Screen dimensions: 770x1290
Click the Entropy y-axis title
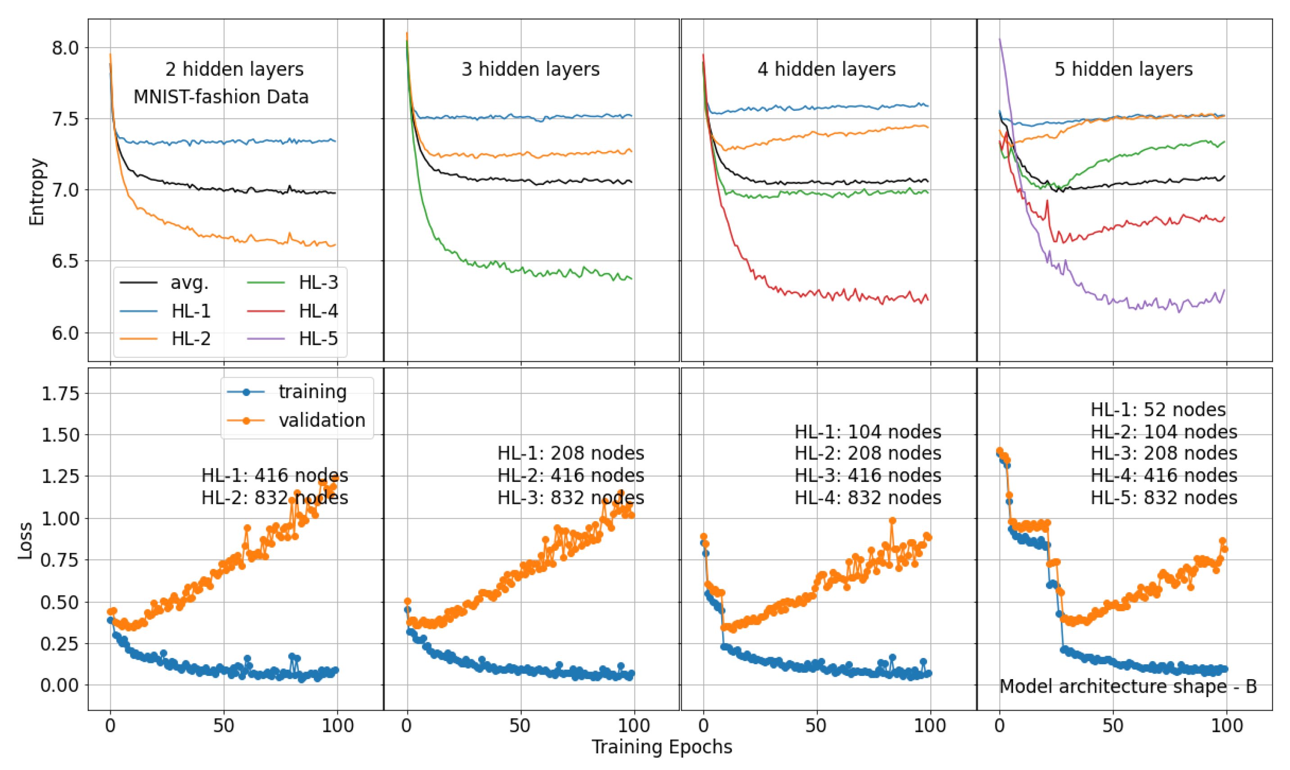click(36, 191)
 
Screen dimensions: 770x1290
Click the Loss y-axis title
click(25, 540)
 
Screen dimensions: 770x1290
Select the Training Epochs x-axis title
click(661, 747)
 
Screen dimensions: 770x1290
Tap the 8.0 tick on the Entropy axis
click(65, 48)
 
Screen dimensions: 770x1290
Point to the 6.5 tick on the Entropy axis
click(65, 261)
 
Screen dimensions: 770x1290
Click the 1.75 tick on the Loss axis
click(60, 393)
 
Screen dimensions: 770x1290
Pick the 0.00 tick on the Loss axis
click(60, 685)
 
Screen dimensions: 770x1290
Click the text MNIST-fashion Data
click(221, 97)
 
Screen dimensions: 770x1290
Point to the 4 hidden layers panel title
click(826, 69)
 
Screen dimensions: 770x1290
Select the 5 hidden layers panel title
click(1123, 69)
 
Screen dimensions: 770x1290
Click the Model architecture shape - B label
click(1127, 686)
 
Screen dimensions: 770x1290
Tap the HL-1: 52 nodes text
click(1158, 410)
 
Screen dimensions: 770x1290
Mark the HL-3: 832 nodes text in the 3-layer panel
click(570, 498)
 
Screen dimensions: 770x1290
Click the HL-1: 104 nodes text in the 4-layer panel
click(868, 432)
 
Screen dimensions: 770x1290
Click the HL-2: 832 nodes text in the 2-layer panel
click(275, 498)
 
